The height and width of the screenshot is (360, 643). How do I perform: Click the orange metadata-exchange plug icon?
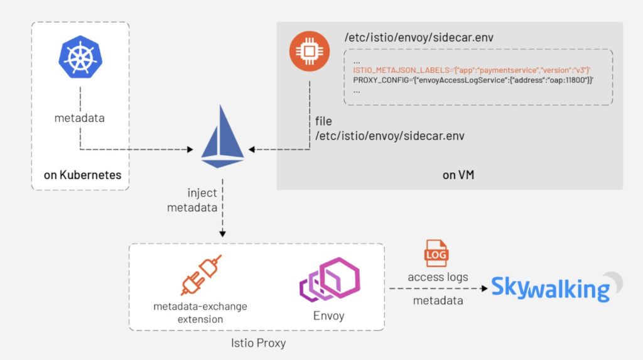coord(200,276)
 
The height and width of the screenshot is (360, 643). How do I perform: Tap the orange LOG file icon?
coord(437,253)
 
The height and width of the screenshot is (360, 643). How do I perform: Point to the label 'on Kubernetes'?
coord(82,175)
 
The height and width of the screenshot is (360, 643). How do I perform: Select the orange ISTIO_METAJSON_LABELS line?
coord(472,71)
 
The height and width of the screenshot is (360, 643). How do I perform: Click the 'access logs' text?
coord(438,277)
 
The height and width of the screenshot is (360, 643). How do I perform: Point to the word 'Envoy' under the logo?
coord(328,315)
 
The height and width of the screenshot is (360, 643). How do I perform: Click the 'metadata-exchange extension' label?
coord(200,312)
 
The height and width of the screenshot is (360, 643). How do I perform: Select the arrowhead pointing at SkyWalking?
coord(484,289)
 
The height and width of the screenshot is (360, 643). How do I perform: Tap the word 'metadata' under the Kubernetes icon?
coord(80,117)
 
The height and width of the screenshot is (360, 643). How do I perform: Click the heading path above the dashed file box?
coord(419,38)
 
